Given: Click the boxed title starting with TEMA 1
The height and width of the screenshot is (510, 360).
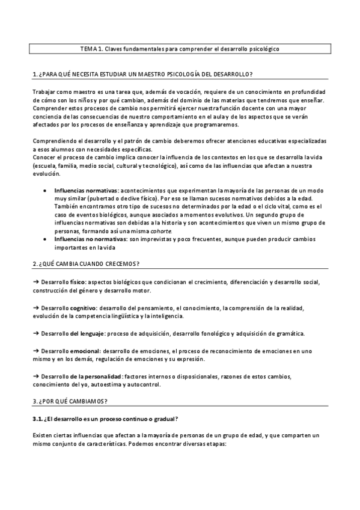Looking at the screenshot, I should coord(179,49).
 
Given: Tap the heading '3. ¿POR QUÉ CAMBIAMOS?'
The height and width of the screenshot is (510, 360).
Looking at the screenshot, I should coord(70,401).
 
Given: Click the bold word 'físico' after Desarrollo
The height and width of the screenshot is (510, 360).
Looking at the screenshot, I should coord(77,281).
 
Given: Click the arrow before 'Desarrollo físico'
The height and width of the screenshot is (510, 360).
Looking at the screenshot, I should coord(35,281).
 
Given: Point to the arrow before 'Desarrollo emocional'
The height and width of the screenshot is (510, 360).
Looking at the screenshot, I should coord(35,351).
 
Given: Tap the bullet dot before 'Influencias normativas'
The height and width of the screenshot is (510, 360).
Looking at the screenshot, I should coord(47,191).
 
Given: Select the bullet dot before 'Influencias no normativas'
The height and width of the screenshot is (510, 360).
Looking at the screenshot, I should coord(47,239).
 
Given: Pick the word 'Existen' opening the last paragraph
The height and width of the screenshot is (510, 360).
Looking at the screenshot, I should coord(43,434).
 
